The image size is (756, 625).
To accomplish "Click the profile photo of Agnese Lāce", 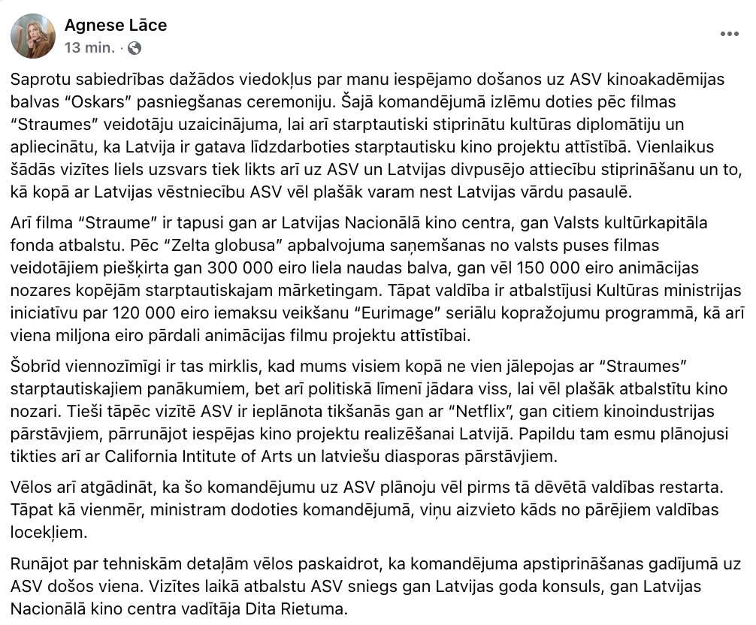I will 33,36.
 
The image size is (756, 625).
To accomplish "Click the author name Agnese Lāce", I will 116,25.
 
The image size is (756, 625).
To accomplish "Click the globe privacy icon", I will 135,48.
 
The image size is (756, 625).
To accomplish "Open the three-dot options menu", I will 729,34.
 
